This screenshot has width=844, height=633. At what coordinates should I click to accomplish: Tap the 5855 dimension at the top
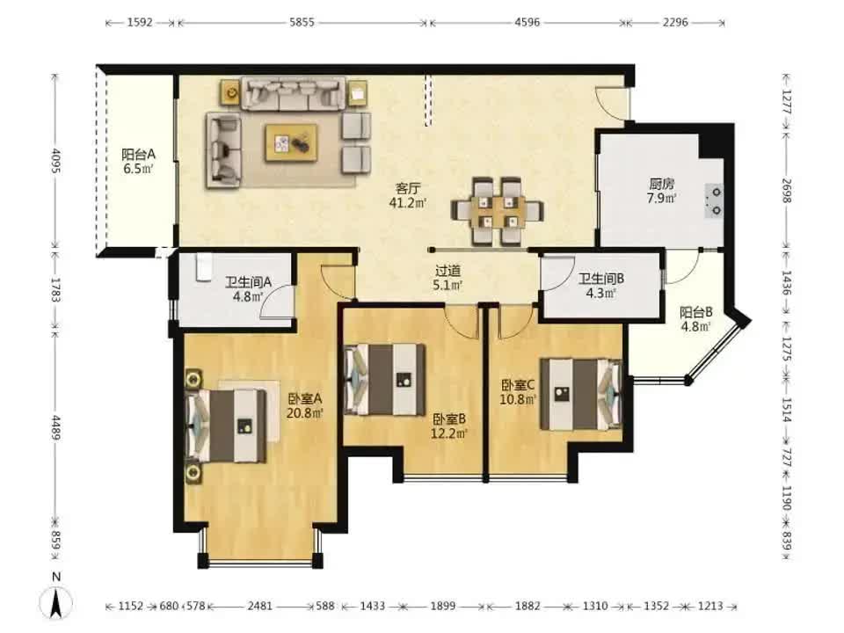[302, 23]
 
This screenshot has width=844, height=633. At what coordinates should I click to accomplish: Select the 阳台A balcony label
[138, 155]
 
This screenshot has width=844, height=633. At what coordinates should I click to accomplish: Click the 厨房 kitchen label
[661, 184]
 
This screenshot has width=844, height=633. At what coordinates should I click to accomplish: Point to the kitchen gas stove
[714, 200]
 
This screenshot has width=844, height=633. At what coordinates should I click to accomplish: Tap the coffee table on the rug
[291, 142]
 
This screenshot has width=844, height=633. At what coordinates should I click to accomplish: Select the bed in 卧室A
[226, 426]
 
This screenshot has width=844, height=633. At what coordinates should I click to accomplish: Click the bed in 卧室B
[385, 380]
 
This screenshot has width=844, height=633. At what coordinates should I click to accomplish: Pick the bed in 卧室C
[581, 394]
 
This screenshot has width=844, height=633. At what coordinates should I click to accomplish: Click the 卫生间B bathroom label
[601, 279]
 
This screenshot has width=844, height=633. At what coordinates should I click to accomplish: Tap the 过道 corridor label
[447, 272]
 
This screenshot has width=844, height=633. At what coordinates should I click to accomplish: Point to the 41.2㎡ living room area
[408, 202]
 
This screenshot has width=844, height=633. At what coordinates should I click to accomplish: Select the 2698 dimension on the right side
[786, 191]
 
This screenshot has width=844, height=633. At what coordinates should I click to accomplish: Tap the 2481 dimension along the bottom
[259, 607]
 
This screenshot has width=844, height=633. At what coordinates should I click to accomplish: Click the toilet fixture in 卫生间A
[203, 267]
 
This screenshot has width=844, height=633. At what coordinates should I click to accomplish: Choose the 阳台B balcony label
[696, 312]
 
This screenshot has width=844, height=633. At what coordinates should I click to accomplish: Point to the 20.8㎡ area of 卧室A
[305, 413]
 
